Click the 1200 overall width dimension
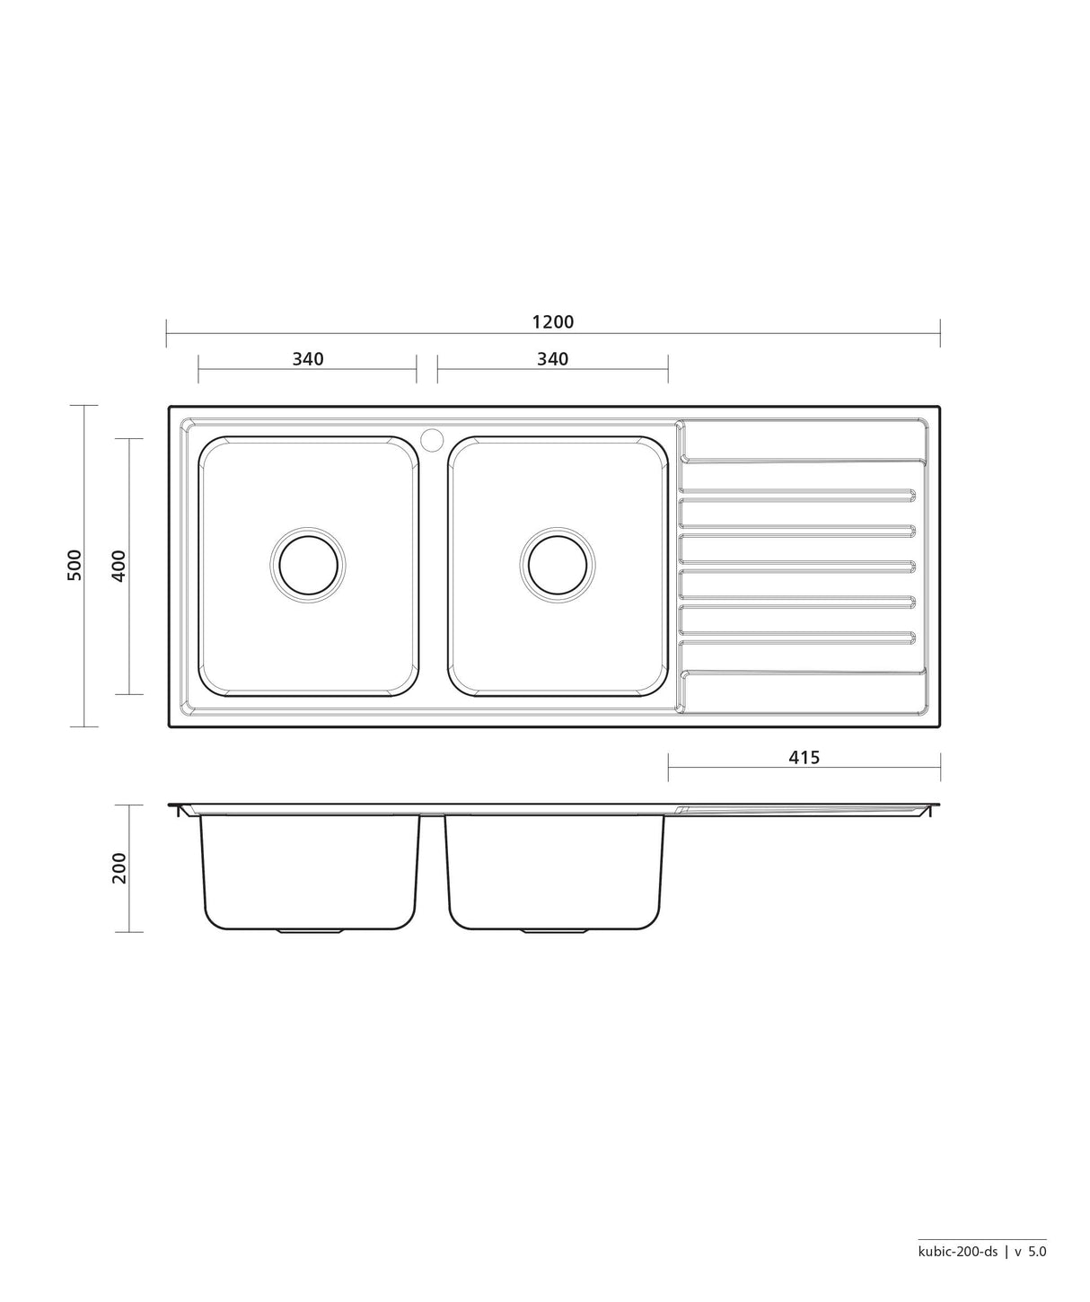(552, 321)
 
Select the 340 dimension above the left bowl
(308, 359)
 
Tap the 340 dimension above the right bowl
(552, 359)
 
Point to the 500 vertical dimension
(75, 565)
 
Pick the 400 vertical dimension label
(119, 566)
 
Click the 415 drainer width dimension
(804, 757)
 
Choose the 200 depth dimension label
(119, 868)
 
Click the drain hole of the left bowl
(308, 565)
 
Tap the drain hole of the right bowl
(558, 565)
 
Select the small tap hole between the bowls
(432, 438)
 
